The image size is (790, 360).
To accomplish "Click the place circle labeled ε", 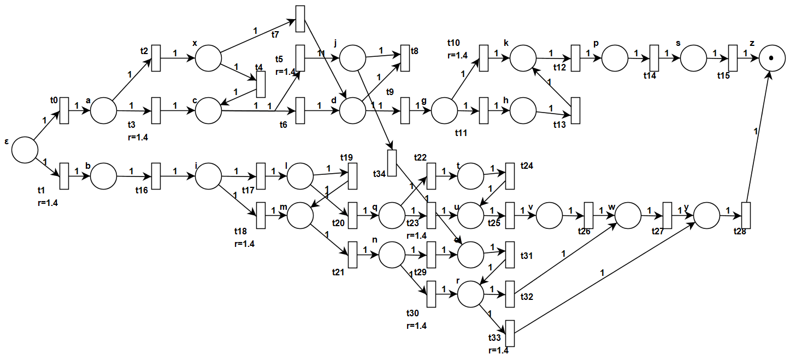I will [x=25, y=150].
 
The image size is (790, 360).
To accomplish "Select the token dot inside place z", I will [x=771, y=58].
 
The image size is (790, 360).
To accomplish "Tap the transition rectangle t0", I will [x=64, y=110].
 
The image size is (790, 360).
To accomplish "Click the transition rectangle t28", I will [x=746, y=215].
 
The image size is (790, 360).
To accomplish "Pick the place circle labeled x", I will [x=208, y=58].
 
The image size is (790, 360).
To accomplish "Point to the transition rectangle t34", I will [x=392, y=162].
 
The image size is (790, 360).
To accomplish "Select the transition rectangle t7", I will [x=300, y=19].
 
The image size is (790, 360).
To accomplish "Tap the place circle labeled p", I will [x=615, y=58].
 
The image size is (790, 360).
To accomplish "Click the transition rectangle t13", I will [x=575, y=110].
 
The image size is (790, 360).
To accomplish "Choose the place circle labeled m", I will [x=300, y=215].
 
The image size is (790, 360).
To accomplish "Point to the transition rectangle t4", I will [x=261, y=84].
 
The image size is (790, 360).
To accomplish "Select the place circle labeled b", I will [x=103, y=176].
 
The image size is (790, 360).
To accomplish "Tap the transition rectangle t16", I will [x=156, y=176].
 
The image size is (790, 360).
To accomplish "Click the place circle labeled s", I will [x=693, y=58].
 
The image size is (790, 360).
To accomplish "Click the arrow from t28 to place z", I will [x=758, y=137].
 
